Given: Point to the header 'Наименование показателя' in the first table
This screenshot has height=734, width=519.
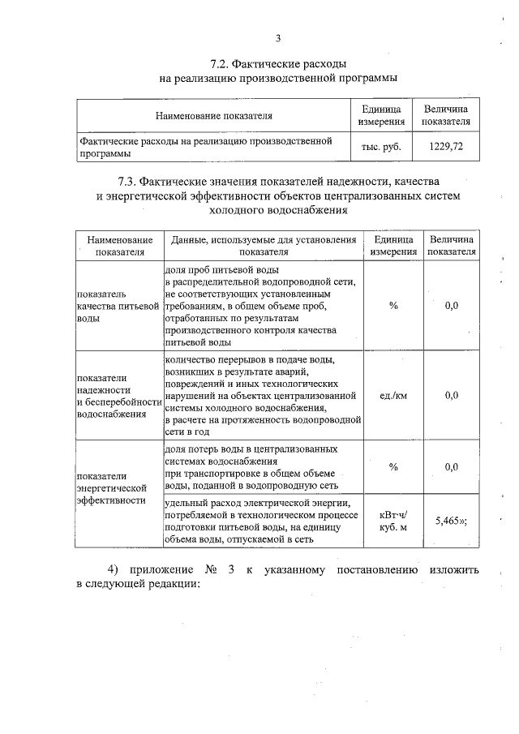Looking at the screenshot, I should tap(214, 116).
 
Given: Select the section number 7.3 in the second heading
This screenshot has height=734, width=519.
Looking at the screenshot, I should tap(131, 181).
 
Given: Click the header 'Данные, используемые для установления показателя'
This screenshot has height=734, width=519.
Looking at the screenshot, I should tap(259, 246).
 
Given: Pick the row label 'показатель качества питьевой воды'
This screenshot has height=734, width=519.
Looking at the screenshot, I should tap(114, 306).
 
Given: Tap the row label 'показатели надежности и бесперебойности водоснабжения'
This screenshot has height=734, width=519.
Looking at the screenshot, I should tap(114, 396).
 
